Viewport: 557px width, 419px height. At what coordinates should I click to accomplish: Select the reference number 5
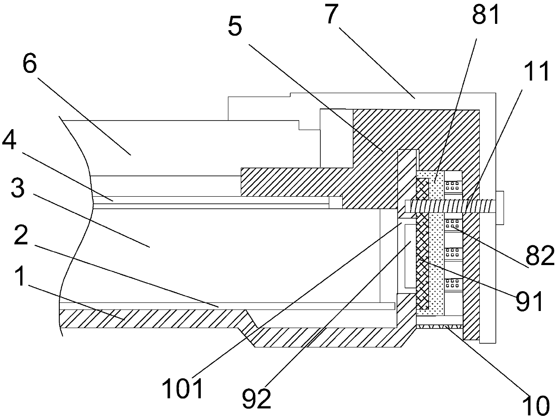click(236, 28)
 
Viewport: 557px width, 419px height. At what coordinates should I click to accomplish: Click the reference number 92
click(257, 399)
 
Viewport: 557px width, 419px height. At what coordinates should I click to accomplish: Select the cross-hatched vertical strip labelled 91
click(422, 252)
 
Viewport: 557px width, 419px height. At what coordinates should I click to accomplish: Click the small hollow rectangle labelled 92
click(410, 257)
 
